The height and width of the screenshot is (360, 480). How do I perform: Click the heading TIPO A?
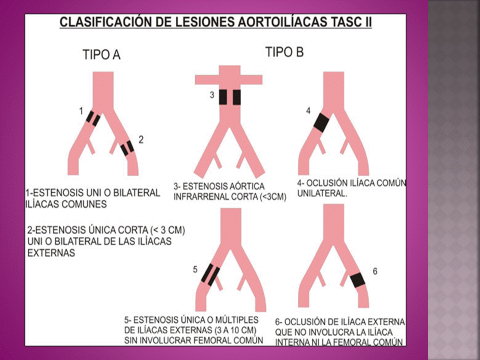(x=101, y=55)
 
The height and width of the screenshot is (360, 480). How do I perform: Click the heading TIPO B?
(x=284, y=52)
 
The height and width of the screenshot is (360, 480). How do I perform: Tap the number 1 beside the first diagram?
(x=81, y=111)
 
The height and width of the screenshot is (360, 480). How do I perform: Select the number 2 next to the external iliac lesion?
(x=141, y=140)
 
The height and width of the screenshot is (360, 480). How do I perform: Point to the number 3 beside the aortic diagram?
(x=211, y=94)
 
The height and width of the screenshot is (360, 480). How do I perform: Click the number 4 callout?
(x=308, y=110)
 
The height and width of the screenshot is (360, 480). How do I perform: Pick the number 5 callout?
(x=195, y=270)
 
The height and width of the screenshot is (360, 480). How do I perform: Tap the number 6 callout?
(x=375, y=271)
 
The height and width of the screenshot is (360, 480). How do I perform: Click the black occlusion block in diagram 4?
(x=321, y=121)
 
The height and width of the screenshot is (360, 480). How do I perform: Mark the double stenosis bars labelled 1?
(x=93, y=118)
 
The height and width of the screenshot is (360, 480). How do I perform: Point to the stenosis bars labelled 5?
(x=210, y=274)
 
